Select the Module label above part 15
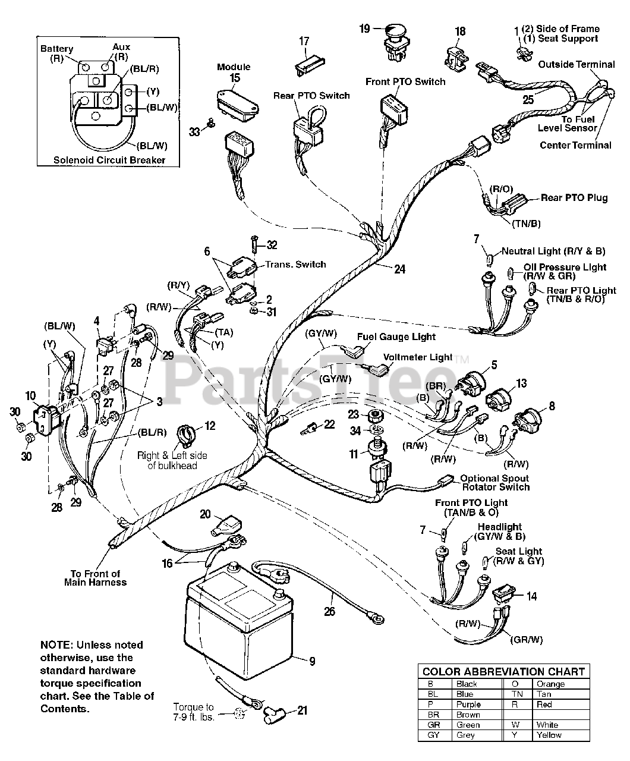(234, 67)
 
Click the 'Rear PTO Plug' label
(574, 198)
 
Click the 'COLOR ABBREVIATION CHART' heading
(503, 671)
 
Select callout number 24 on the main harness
(400, 269)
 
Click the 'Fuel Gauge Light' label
(396, 337)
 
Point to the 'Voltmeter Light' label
(418, 357)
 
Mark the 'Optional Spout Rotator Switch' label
(494, 482)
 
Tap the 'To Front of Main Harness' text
(95, 578)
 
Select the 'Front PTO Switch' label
(405, 81)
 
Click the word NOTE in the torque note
(53, 645)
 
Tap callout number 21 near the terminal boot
(303, 710)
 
